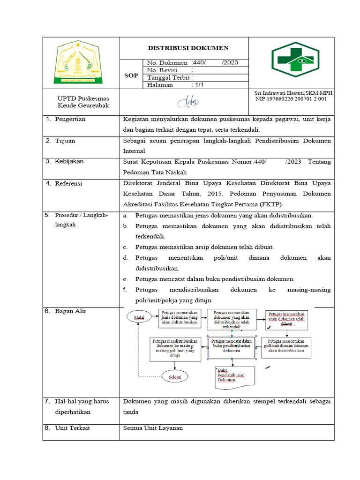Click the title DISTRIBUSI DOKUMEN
point(188,48)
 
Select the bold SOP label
point(131,75)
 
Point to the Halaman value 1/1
point(198,85)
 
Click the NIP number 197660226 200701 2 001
point(291,99)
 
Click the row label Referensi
point(68,183)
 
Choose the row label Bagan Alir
point(70,311)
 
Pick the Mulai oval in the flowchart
point(139,318)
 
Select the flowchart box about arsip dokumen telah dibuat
point(286,319)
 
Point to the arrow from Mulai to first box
point(153,317)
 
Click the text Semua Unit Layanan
point(152,428)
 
